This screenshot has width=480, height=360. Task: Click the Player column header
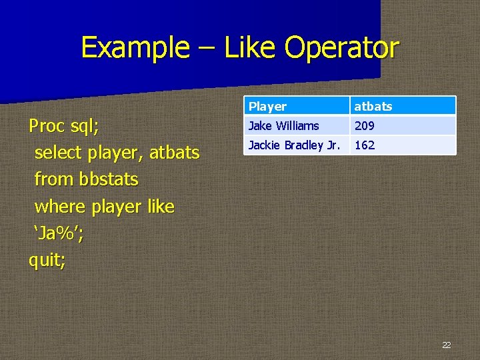click(x=267, y=107)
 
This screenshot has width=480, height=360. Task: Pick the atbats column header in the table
click(x=373, y=107)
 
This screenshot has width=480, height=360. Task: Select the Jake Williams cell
click(x=283, y=125)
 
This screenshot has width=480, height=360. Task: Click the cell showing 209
click(x=365, y=125)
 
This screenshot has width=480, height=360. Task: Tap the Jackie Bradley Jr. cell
click(x=294, y=145)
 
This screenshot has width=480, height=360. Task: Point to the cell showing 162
click(x=365, y=145)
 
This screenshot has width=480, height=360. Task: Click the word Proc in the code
click(x=46, y=126)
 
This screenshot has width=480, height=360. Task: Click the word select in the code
click(x=59, y=153)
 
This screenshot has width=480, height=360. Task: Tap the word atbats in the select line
click(x=174, y=153)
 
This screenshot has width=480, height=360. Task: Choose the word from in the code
click(x=54, y=180)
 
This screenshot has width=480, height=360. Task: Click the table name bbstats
click(x=108, y=180)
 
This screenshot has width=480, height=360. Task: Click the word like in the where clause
click(x=161, y=207)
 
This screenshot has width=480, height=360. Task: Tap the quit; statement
click(x=47, y=261)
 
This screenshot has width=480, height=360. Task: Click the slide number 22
click(x=446, y=345)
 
